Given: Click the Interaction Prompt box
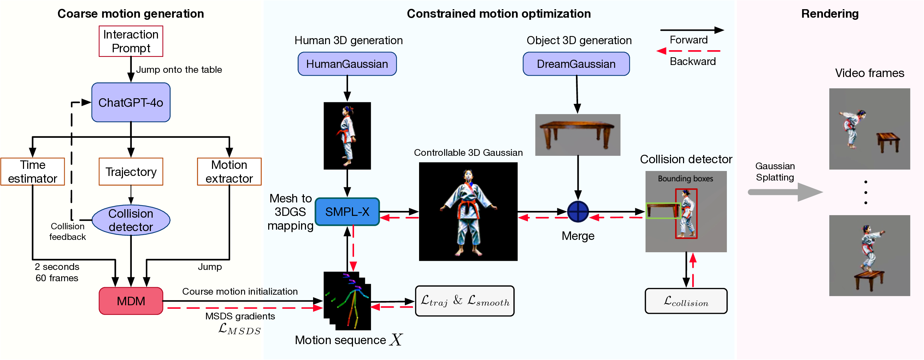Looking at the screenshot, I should (131, 41).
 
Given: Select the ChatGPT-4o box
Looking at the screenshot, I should (131, 102).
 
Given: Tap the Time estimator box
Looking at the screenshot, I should (33, 172).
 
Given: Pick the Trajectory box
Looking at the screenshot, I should (131, 172).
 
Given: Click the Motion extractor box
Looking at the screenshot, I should (229, 172).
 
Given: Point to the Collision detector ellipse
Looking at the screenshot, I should (131, 220).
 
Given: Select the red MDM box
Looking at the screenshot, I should (131, 301).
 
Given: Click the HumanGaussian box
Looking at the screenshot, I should (347, 64).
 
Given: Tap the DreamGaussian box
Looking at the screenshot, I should (576, 64).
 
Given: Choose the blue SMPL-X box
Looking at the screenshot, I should (347, 212).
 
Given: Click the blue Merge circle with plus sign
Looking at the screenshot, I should (578, 212).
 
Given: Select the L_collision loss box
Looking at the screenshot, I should (686, 301).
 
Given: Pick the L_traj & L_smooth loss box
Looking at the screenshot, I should (465, 301).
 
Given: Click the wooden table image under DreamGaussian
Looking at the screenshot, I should (577, 135).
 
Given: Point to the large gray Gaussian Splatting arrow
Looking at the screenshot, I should (785, 192).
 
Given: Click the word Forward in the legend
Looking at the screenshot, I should (689, 40).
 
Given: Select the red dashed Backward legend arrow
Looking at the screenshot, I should (689, 51).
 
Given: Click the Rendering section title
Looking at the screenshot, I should (830, 14).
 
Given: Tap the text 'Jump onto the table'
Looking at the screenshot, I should (179, 70).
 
